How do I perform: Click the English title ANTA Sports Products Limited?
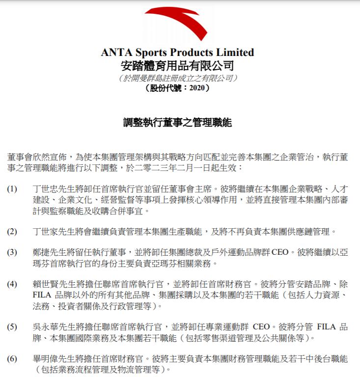pos(177,53)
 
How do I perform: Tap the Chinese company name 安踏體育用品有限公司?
pos(177,66)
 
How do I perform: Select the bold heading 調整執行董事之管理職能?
pos(177,122)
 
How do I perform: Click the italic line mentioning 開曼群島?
pos(177,78)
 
